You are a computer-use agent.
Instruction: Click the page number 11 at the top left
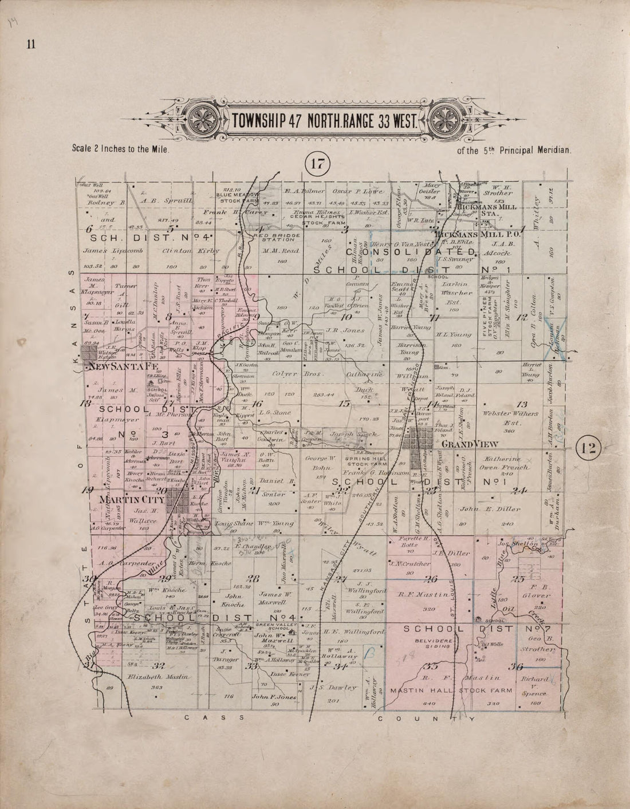[30, 45]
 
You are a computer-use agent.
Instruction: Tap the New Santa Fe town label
[119, 365]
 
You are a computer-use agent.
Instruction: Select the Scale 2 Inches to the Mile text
[122, 148]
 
